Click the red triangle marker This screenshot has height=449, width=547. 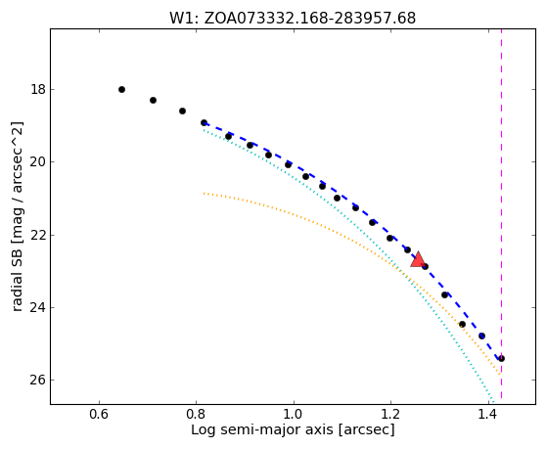[418, 259]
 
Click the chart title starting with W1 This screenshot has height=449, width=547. [293, 19]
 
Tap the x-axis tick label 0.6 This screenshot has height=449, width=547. [100, 414]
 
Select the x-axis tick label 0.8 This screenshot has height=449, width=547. [197, 414]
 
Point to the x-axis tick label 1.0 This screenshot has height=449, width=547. [294, 414]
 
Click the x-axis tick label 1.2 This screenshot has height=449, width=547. [390, 414]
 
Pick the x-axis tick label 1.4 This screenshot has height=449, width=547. [487, 414]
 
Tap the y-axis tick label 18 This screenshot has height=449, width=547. [38, 90]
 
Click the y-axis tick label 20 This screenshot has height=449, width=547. [38, 162]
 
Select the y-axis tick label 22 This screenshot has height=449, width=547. [38, 235]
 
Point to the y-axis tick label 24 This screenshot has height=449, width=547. [38, 308]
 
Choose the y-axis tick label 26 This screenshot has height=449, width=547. [38, 381]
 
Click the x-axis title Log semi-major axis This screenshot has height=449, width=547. [293, 430]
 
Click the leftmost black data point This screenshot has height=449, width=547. [121, 90]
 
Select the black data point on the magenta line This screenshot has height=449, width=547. [501, 358]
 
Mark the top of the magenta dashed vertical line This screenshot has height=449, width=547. [501, 29]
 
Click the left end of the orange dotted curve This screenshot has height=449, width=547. [204, 193]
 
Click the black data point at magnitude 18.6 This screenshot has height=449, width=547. [182, 111]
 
